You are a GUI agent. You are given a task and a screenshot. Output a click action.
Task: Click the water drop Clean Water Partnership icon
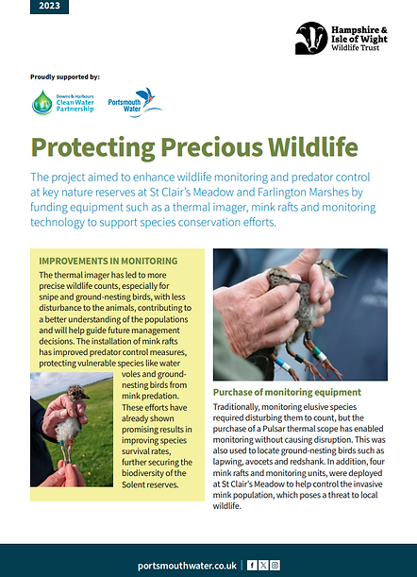click(x=42, y=102)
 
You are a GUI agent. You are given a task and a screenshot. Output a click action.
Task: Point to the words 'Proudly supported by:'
click(x=65, y=76)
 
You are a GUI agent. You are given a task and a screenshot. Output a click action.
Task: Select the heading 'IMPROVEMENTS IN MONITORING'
click(x=108, y=261)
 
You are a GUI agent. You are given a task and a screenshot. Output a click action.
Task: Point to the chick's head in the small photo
click(x=75, y=391)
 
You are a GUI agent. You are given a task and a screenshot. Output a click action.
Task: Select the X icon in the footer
click(x=263, y=565)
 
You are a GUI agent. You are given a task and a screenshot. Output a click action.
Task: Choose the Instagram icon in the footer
click(x=275, y=565)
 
